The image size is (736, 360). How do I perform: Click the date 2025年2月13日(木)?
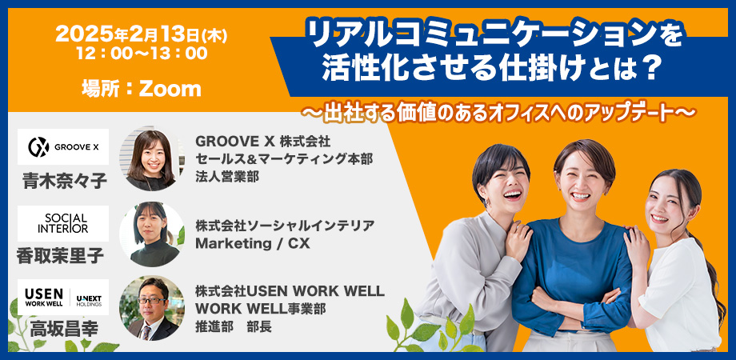(142, 34)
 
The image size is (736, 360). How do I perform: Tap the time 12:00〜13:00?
(142, 54)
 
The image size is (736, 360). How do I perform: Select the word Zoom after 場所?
(170, 89)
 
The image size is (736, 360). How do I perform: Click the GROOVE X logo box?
(63, 146)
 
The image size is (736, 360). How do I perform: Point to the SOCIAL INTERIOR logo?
(63, 223)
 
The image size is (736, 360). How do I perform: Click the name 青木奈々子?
(63, 180)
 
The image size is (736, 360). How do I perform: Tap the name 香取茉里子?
(61, 256)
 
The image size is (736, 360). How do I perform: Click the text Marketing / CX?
(253, 243)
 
